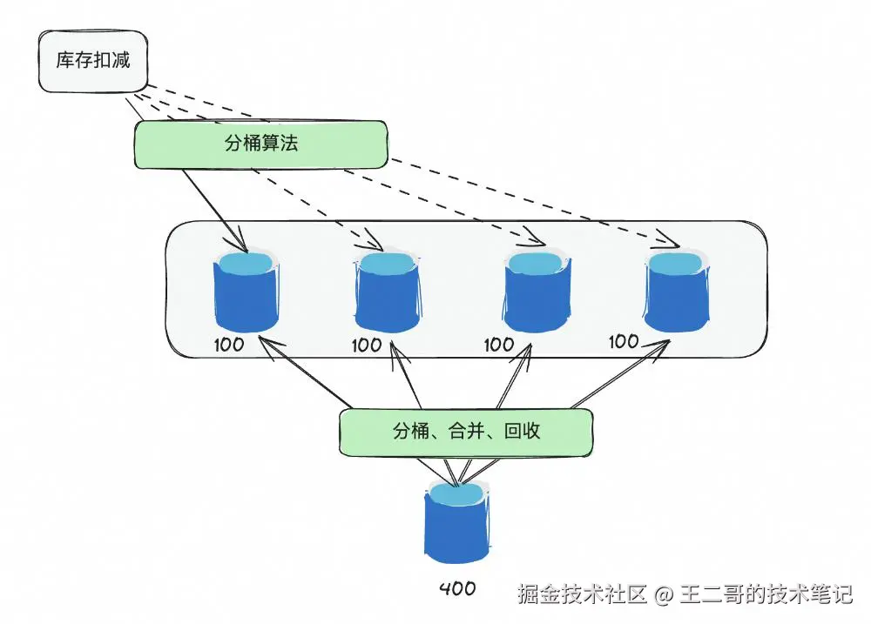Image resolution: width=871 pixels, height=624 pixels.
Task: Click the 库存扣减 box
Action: (92, 61)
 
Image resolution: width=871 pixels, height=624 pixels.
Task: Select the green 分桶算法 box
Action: (260, 144)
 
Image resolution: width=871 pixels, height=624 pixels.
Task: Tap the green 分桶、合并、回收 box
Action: (466, 432)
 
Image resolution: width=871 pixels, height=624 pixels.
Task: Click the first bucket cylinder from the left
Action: (246, 292)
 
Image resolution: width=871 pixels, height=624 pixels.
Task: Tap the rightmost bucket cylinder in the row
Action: (677, 292)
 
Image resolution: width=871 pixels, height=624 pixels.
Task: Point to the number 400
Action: (457, 589)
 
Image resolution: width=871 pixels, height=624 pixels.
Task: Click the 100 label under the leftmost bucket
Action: (228, 345)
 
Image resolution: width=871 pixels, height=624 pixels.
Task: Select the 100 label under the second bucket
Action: (367, 346)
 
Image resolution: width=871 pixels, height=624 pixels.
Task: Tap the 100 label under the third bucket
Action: (499, 345)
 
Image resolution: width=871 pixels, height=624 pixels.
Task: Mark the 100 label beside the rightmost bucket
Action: (624, 342)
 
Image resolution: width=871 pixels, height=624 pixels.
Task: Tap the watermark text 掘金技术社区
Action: (582, 595)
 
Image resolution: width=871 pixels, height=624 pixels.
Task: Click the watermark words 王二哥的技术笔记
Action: (766, 595)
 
